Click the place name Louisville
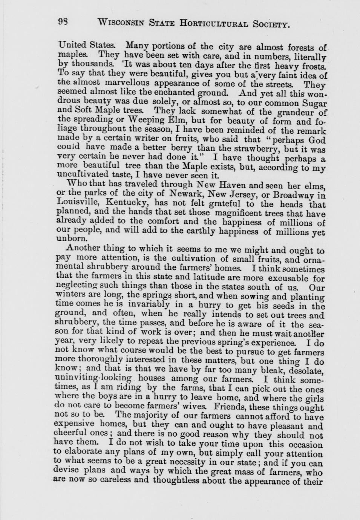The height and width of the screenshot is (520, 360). [81, 203]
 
